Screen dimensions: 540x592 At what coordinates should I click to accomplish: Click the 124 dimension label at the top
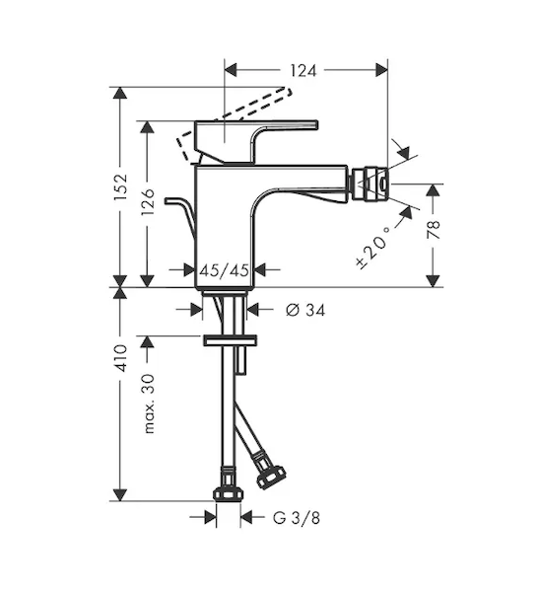point(304,71)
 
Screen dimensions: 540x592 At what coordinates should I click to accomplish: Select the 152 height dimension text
point(121,186)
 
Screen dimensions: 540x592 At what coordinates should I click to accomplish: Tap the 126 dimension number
point(148,201)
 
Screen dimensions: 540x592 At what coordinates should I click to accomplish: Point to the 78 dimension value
point(434,229)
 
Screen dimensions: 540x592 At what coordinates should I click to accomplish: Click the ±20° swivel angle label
point(372,248)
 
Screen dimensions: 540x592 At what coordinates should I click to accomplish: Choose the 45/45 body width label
point(224,270)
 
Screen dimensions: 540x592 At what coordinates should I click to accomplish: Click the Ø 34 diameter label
point(305,310)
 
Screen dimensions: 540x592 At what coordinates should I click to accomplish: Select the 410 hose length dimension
point(121,357)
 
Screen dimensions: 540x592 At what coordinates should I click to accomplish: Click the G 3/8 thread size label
point(297,518)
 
